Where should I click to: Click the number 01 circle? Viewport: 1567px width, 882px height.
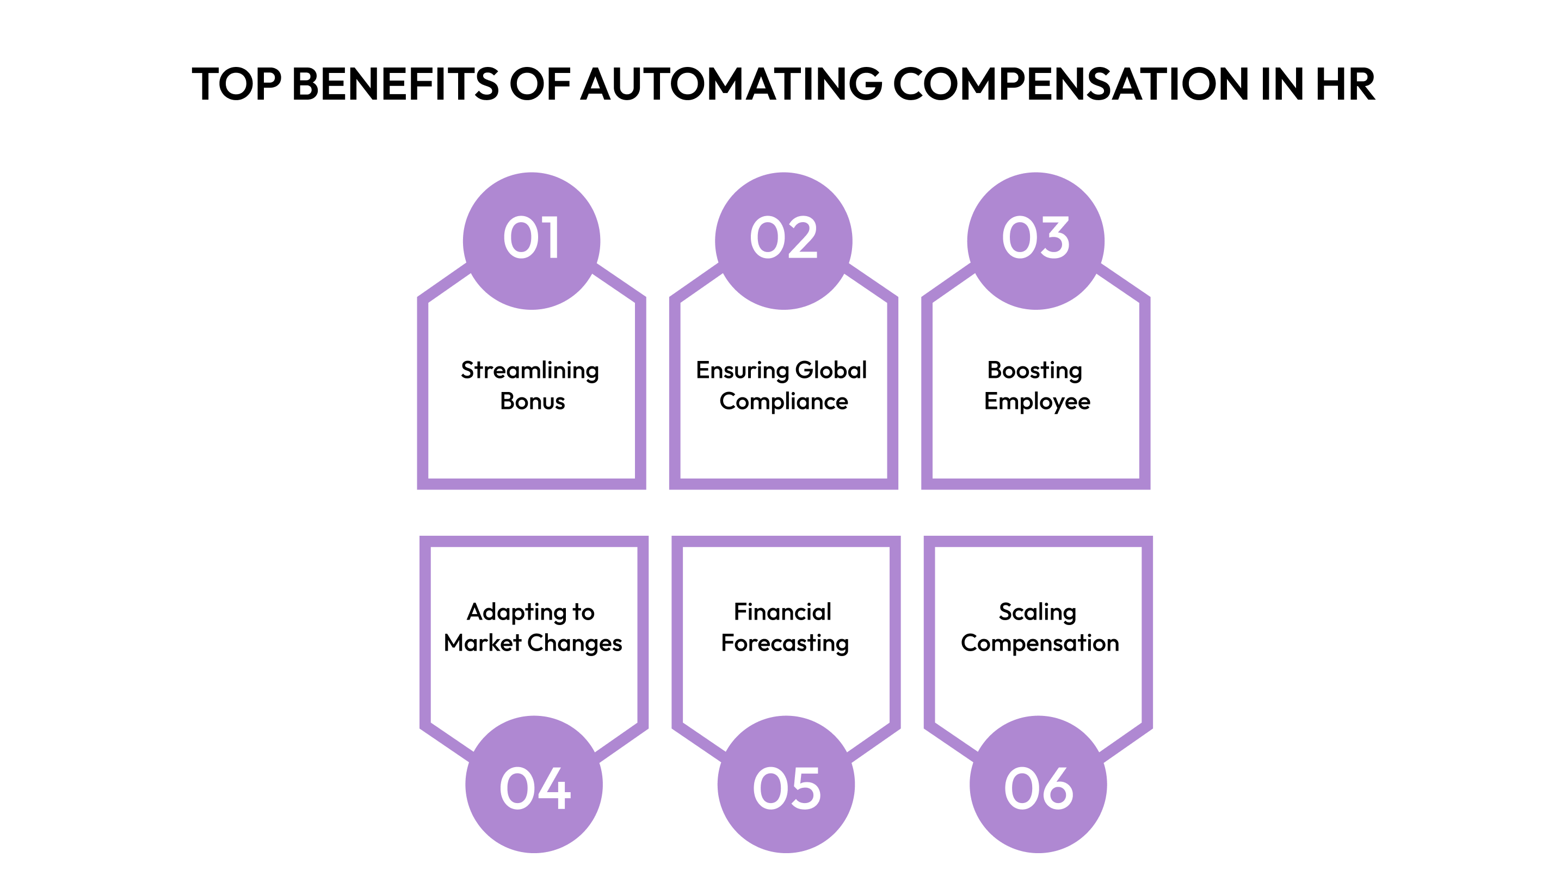click(531, 241)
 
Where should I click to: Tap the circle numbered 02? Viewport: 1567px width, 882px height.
click(783, 241)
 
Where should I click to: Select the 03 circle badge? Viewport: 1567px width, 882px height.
click(1035, 241)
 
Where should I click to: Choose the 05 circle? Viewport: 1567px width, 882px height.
click(786, 784)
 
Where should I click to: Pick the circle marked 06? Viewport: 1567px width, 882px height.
click(1038, 784)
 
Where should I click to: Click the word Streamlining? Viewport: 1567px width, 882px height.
click(530, 371)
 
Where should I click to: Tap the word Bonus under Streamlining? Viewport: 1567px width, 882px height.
click(532, 402)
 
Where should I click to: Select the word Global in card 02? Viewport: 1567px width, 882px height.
click(830, 370)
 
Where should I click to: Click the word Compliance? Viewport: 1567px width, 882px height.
click(783, 402)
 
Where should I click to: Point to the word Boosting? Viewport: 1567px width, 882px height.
click(1035, 371)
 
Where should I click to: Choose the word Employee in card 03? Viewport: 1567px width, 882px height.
click(1037, 402)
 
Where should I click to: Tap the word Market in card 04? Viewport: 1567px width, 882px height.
click(483, 643)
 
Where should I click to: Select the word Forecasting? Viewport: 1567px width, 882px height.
click(785, 644)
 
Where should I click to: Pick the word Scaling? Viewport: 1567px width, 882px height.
click(1037, 612)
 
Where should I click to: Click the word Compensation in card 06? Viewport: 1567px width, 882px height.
click(1040, 644)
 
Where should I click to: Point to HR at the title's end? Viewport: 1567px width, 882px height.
click(1345, 84)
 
